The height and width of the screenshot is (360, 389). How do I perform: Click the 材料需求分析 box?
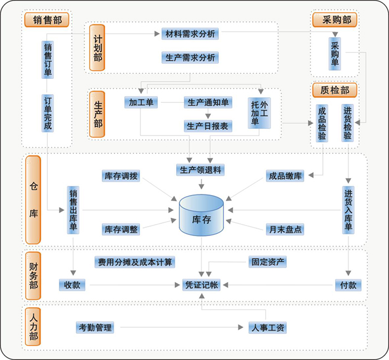(x=190, y=34)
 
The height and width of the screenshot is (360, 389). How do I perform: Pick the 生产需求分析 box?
(x=190, y=57)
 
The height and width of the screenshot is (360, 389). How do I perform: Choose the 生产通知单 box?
(x=208, y=103)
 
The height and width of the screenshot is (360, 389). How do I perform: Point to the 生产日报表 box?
(x=208, y=126)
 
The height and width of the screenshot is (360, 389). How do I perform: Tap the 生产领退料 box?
(x=200, y=170)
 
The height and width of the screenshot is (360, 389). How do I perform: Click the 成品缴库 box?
(x=285, y=176)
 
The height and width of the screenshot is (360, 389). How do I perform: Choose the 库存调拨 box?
(x=121, y=176)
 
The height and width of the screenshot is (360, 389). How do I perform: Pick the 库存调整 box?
(x=121, y=228)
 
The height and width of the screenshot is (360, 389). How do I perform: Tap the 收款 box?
(x=72, y=285)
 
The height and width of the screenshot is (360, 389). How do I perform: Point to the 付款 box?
(x=348, y=285)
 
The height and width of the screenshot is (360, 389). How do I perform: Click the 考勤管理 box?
(x=94, y=328)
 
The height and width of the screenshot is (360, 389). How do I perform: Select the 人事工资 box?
(x=267, y=328)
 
